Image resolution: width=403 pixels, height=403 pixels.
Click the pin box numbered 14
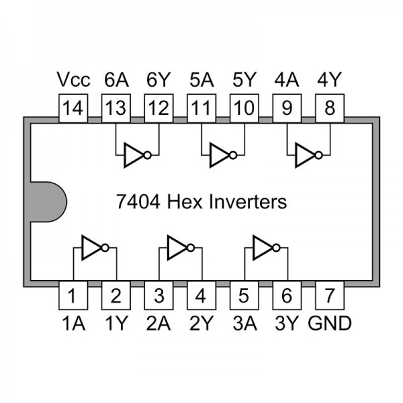point(73,108)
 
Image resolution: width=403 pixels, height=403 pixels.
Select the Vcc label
point(73,80)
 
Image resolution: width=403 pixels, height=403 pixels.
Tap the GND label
point(330,323)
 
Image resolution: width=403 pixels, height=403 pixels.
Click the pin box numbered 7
point(330,296)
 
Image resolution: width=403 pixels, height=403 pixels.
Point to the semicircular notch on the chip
point(48,201)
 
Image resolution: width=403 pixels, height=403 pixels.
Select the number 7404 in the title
point(138,201)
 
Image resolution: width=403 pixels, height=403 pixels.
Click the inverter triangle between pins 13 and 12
point(133,156)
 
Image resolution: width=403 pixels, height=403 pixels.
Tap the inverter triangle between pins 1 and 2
point(91,248)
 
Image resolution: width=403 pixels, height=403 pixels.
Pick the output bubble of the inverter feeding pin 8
point(318,156)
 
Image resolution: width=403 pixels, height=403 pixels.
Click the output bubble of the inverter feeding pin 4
point(191,248)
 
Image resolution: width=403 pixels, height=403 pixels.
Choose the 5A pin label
point(201,80)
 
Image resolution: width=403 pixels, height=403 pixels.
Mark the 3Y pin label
point(287,323)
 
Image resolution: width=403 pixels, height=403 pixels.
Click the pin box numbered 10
point(244,108)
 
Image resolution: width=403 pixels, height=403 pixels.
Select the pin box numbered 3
point(159,296)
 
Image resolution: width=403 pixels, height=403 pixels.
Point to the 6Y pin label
point(159,80)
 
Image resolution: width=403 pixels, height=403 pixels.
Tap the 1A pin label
point(73,323)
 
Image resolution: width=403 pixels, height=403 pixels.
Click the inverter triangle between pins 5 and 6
point(262,248)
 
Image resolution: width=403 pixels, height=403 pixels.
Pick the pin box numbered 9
point(287,108)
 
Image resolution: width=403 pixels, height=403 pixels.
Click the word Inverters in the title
point(248,201)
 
